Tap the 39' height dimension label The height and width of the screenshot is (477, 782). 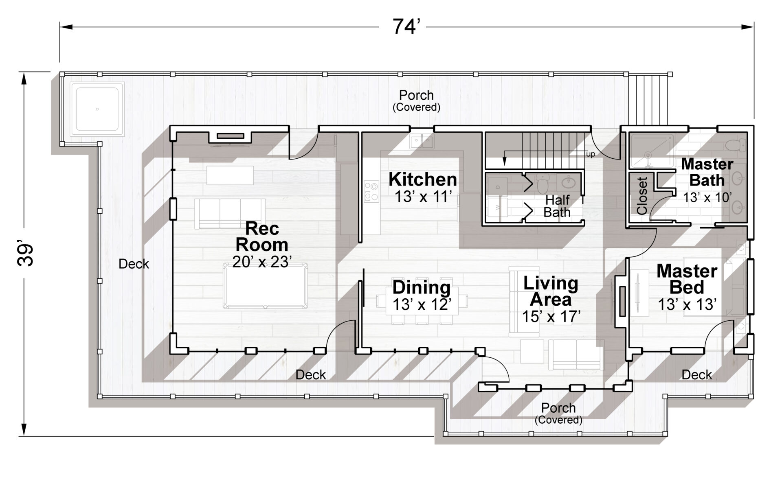[x=25, y=255]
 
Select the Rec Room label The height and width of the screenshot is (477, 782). [x=262, y=237]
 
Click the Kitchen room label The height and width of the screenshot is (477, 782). [x=423, y=179]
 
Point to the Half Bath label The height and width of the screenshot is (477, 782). [x=557, y=206]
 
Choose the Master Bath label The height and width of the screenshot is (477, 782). [x=707, y=172]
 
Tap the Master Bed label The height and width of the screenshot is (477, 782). [x=687, y=279]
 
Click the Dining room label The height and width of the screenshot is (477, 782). [x=422, y=288]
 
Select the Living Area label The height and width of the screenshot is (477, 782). [x=551, y=291]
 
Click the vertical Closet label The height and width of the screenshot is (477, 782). [x=642, y=196]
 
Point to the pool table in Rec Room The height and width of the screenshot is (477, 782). [x=266, y=286]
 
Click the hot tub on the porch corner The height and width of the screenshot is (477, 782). [x=97, y=109]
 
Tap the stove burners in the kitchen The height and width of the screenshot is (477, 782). [x=371, y=191]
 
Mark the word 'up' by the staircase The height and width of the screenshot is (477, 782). [x=590, y=154]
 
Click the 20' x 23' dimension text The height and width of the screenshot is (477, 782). [x=262, y=262]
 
